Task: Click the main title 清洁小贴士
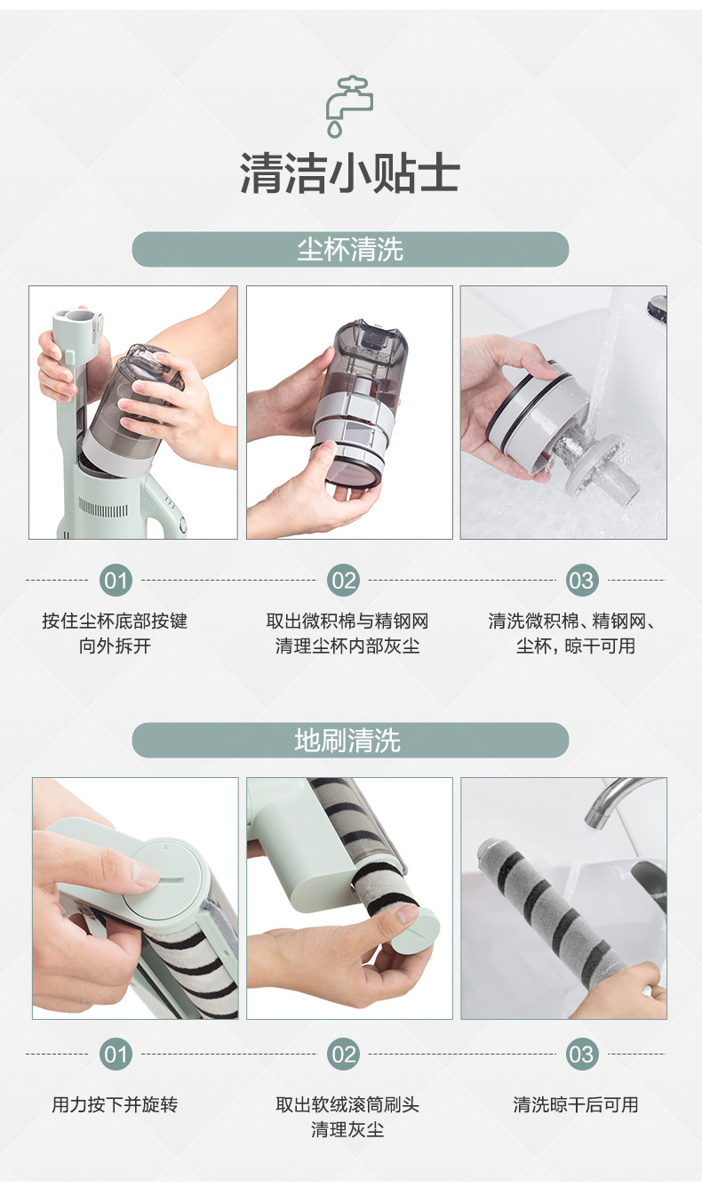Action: click(x=350, y=172)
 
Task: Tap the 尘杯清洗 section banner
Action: click(x=350, y=249)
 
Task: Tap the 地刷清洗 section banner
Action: click(x=350, y=740)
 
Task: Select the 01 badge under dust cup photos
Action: click(x=116, y=580)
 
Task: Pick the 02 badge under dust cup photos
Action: click(x=343, y=580)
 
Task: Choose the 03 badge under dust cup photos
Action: click(x=581, y=580)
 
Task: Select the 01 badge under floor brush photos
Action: click(x=116, y=1055)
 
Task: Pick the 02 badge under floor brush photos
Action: click(x=343, y=1055)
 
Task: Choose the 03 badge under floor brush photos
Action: click(x=581, y=1055)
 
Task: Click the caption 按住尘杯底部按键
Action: click(x=115, y=621)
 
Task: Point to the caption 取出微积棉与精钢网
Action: click(x=347, y=621)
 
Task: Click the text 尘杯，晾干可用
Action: click(x=576, y=646)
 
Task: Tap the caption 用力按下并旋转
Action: click(x=115, y=1104)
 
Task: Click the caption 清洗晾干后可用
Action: click(x=576, y=1104)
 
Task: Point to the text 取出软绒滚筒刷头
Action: click(x=347, y=1104)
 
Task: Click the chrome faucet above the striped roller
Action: click(x=618, y=800)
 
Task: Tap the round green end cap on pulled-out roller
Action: click(x=416, y=930)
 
